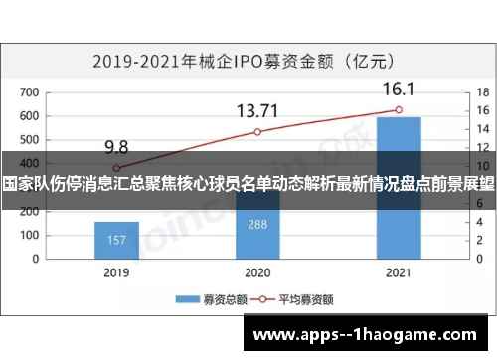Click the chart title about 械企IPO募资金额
click(248, 61)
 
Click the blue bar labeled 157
click(116, 237)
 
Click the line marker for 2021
click(399, 110)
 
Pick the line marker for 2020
click(257, 132)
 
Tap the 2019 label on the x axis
click(116, 270)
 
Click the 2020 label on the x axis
click(257, 270)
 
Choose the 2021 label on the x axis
click(399, 270)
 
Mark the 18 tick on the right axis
click(479, 92)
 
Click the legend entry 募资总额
click(207, 297)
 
